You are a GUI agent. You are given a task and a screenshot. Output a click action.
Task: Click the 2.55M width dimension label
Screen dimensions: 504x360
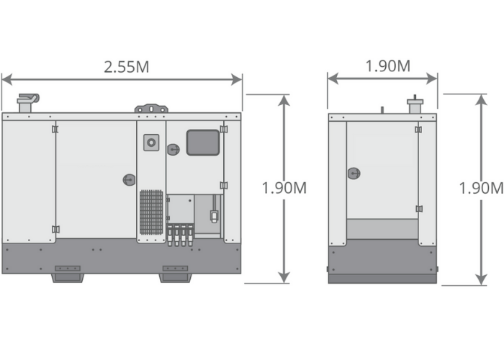pyautogui.click(x=126, y=67)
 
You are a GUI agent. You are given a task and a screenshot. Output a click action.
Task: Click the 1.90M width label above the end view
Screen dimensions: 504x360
pyautogui.click(x=388, y=66)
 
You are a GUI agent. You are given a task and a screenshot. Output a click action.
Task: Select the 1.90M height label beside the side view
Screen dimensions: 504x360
pyautogui.click(x=284, y=188)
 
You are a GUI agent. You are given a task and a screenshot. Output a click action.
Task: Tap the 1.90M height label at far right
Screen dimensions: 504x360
pyautogui.click(x=481, y=188)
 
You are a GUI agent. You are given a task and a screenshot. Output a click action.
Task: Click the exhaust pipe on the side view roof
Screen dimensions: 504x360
pyautogui.click(x=27, y=103)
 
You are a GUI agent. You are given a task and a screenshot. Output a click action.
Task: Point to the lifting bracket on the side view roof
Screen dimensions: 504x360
pyautogui.click(x=151, y=108)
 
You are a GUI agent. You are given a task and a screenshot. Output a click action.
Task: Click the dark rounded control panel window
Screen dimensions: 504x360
pyautogui.click(x=203, y=143)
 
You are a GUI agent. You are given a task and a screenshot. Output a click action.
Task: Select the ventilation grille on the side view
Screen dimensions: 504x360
pyautogui.click(x=151, y=212)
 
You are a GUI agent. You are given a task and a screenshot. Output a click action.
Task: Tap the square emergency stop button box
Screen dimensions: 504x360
pyautogui.click(x=151, y=143)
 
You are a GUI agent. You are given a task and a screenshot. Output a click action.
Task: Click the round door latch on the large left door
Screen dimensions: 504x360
pyautogui.click(x=129, y=180)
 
